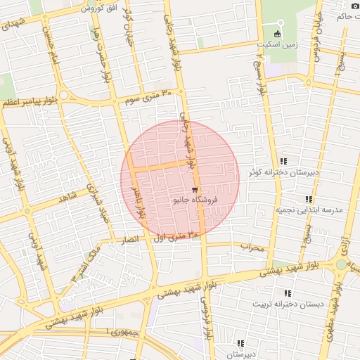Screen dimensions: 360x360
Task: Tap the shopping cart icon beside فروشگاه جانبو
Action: pyautogui.click(x=195, y=190)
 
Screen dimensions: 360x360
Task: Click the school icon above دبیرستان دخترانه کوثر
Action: pyautogui.click(x=283, y=161)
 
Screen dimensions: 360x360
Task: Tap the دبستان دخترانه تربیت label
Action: pyautogui.click(x=286, y=304)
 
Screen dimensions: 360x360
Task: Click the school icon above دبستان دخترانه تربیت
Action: pyautogui.click(x=287, y=293)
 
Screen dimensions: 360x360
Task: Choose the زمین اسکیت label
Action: pyautogui.click(x=278, y=43)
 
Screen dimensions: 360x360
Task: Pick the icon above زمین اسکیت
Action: pyautogui.click(x=278, y=32)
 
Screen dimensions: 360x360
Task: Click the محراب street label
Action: pyautogui.click(x=251, y=247)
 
